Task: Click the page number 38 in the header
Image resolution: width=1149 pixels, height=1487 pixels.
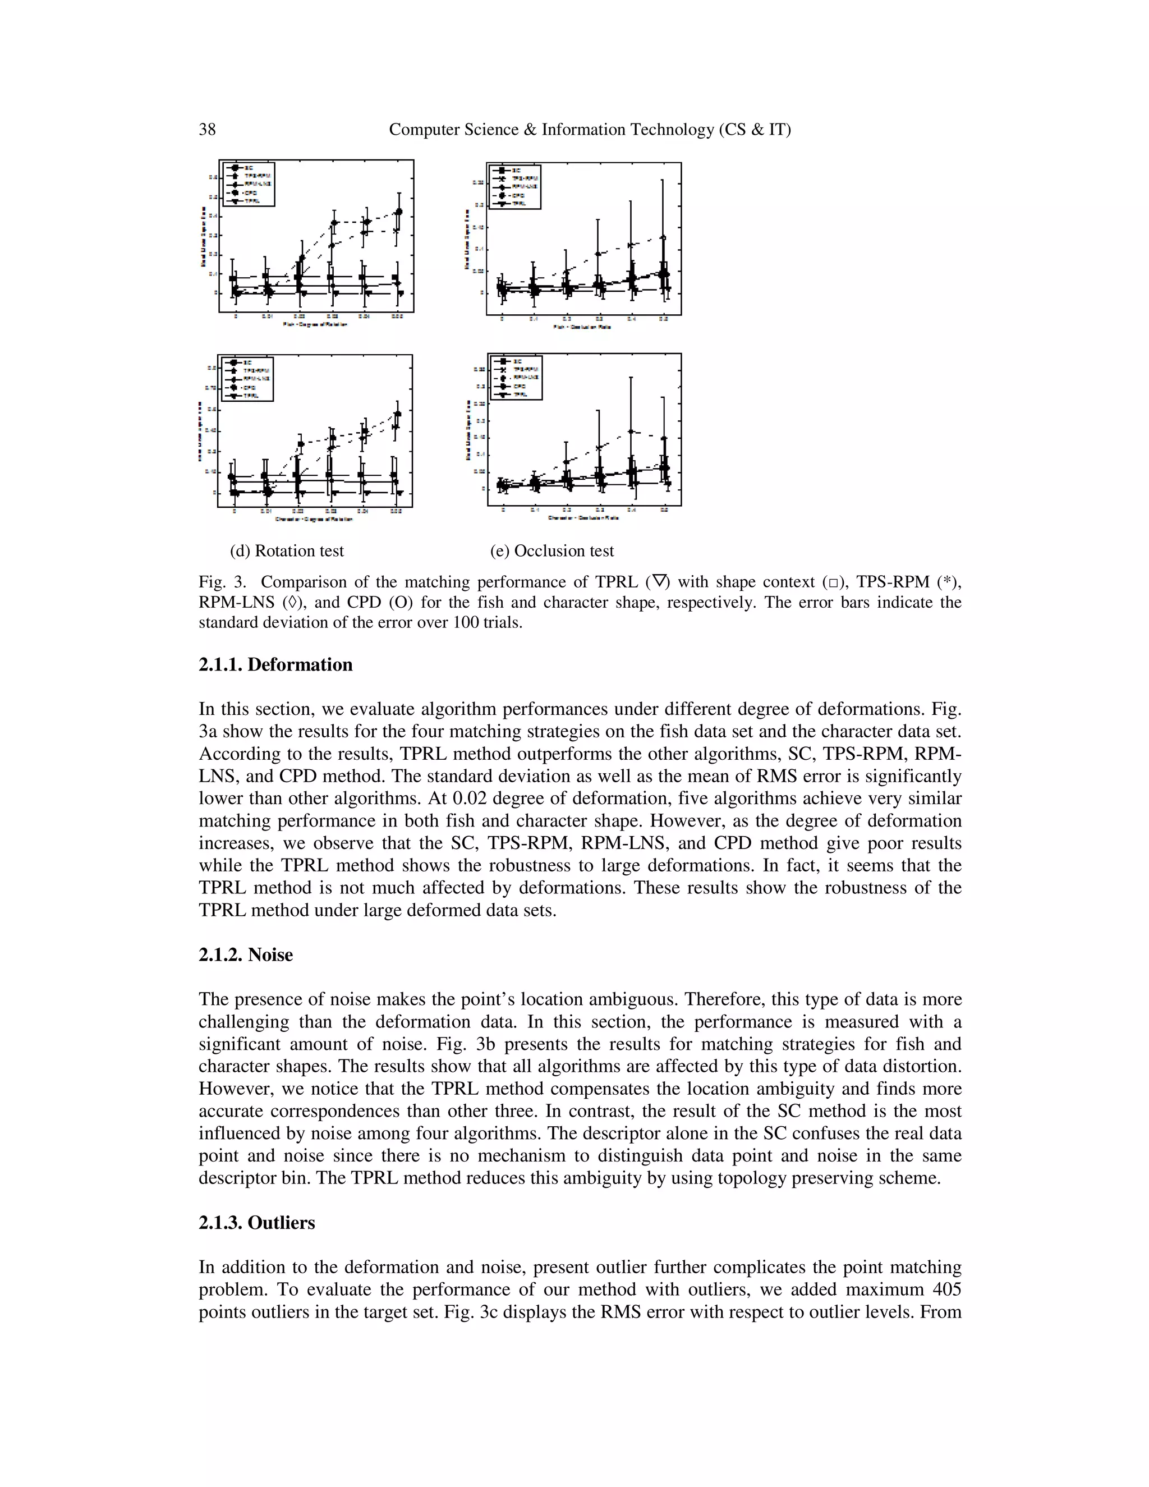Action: [x=207, y=130]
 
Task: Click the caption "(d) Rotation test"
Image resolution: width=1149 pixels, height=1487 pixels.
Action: [x=287, y=551]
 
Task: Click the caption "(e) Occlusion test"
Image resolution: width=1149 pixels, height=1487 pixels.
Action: [x=551, y=551]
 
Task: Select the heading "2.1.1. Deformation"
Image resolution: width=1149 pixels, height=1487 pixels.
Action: [x=275, y=664]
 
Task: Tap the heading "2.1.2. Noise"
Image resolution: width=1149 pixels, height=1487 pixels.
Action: [x=245, y=954]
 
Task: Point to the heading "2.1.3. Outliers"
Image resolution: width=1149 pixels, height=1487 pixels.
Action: [x=256, y=1223]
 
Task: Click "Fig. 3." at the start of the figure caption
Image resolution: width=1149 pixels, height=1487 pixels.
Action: [x=221, y=582]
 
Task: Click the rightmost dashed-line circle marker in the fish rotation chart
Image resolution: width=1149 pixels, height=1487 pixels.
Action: [x=399, y=212]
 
